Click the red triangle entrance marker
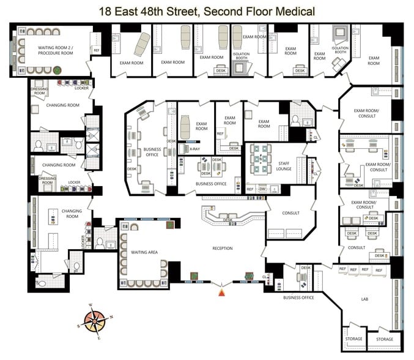[x=221, y=293]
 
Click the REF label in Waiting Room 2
[x=96, y=50]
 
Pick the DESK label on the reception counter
[x=227, y=220]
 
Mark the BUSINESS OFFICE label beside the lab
[x=298, y=298]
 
